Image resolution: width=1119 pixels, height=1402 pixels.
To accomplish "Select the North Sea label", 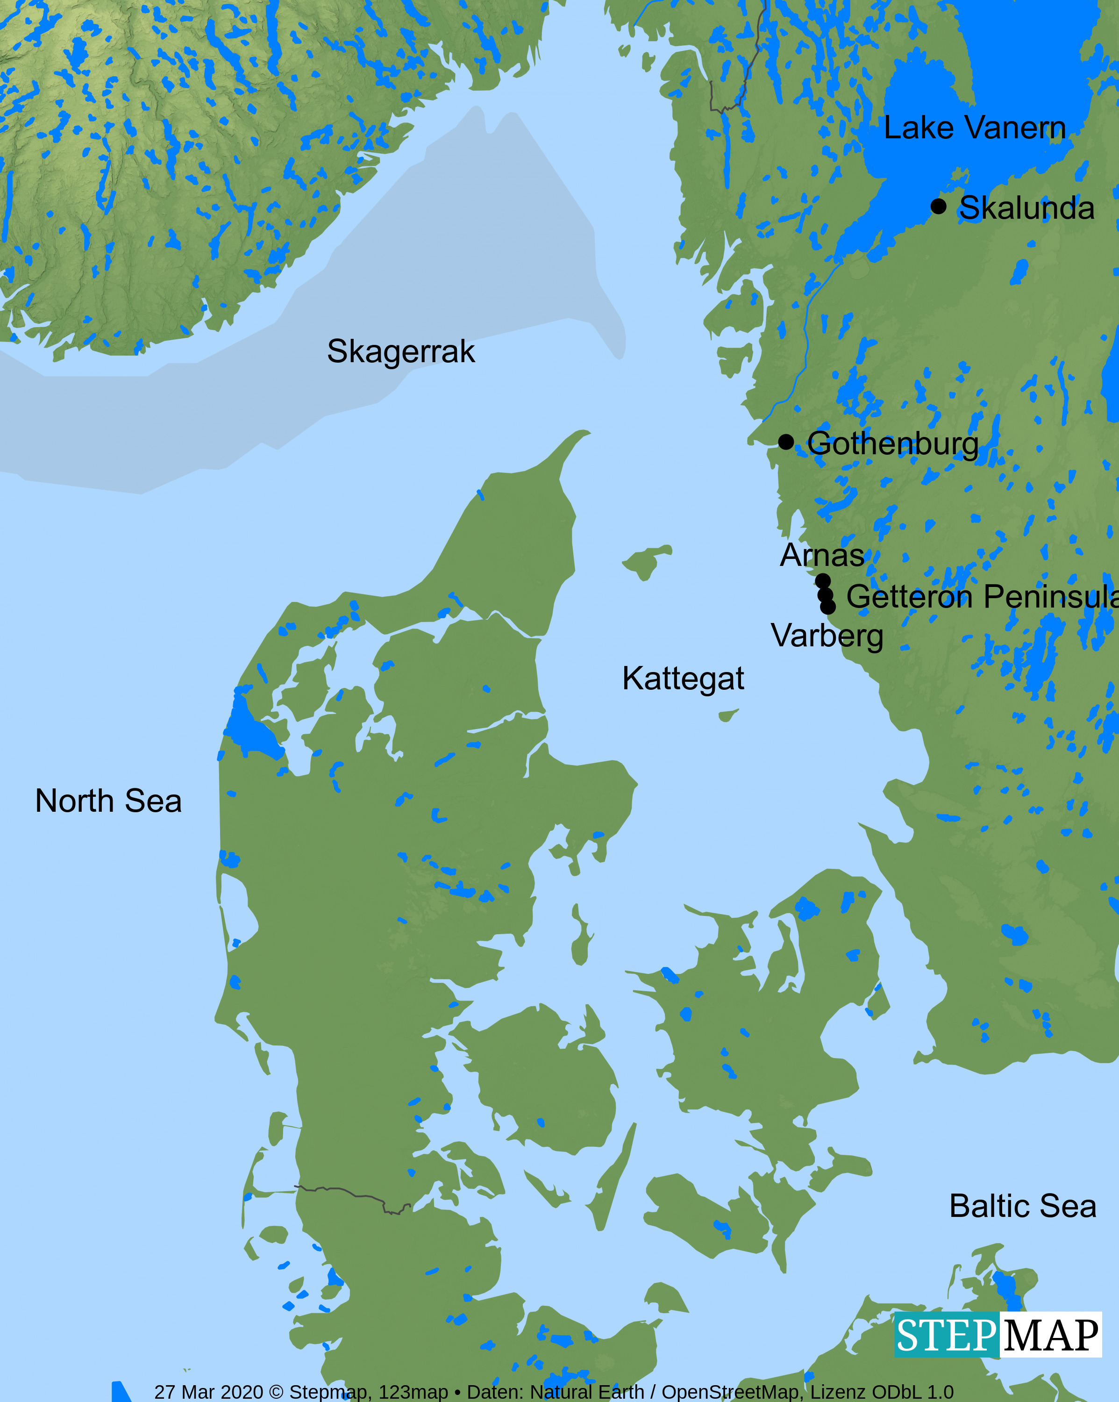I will [108, 801].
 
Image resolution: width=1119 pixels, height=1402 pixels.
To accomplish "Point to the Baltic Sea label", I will [1023, 1206].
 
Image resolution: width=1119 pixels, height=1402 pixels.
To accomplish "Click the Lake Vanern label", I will [974, 128].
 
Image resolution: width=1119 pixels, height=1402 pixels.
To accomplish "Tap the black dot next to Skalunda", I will [938, 206].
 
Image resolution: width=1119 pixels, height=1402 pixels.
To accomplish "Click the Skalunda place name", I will [1026, 208].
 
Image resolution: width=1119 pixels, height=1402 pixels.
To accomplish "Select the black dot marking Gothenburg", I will [785, 442].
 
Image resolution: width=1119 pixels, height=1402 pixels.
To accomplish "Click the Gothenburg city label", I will [893, 444].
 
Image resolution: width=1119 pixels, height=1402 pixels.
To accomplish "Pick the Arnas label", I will [822, 555].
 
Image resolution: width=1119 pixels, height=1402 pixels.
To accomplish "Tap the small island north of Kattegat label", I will [646, 561].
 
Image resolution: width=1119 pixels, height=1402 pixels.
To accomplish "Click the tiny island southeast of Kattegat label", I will [727, 715].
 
